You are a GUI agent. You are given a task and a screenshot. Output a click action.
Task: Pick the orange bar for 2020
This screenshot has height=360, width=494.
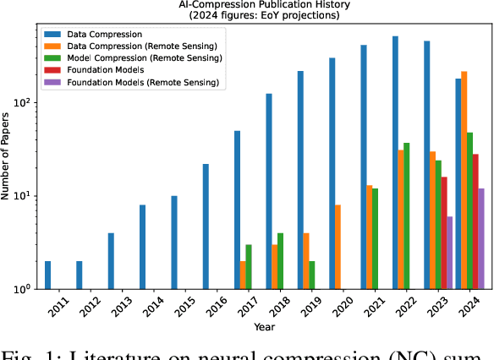[338, 246]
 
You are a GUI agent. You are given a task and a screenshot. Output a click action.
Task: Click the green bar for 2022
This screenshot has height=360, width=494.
[408, 215]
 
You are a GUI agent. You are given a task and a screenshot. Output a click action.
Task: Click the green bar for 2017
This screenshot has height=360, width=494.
[250, 266]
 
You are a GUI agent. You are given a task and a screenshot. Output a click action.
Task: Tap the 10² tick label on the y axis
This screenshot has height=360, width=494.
[23, 102]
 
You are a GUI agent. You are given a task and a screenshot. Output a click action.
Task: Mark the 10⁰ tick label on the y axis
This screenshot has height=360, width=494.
[23, 289]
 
